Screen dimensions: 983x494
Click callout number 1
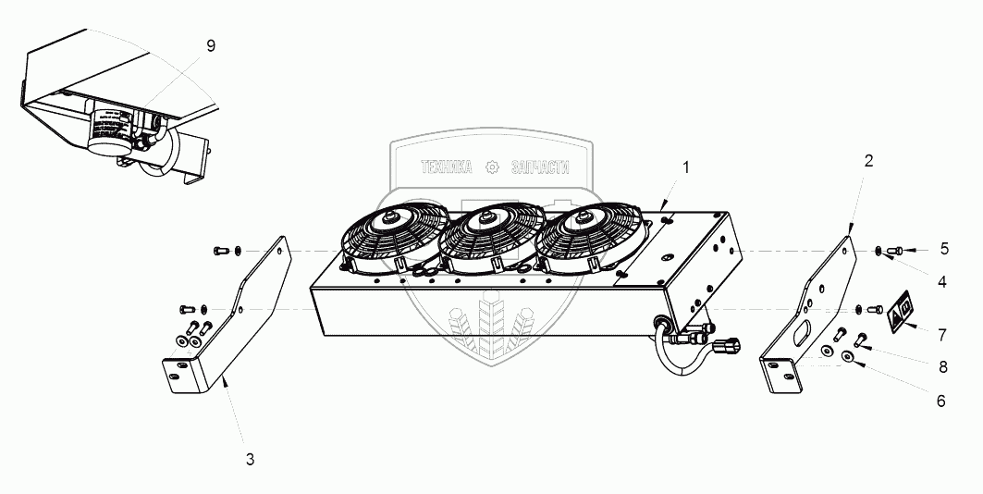point(685,167)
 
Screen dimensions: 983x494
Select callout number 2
point(868,161)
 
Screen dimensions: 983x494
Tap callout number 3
point(250,458)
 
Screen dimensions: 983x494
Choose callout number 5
point(944,248)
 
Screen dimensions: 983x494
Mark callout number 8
point(943,366)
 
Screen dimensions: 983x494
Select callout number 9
point(211,47)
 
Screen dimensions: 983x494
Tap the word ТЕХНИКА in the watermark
point(447,167)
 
